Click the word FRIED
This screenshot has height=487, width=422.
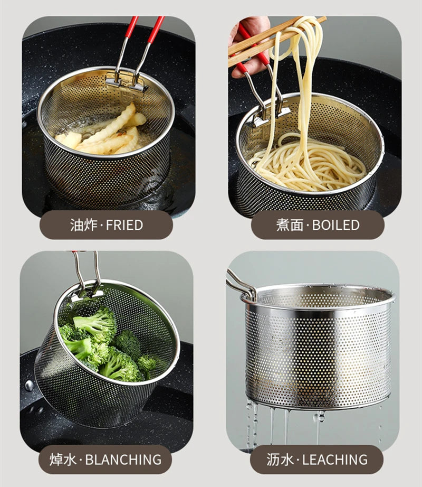click(124, 225)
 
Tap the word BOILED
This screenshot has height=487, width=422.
click(335, 225)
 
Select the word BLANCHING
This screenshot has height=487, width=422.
click(123, 460)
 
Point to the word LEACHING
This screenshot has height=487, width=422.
click(335, 460)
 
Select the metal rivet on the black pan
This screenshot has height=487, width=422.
click(30, 386)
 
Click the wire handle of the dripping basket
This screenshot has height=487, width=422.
click(241, 284)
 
